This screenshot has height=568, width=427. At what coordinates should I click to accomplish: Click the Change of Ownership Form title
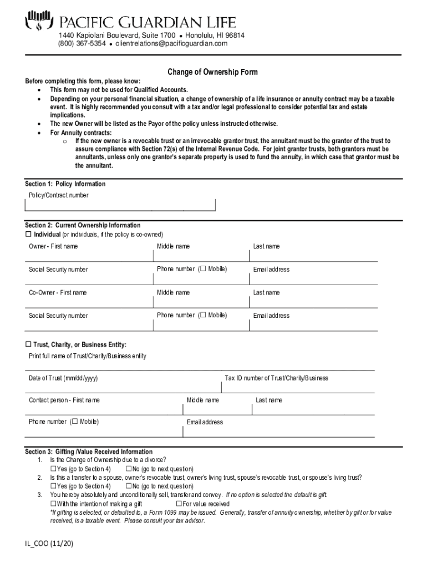tap(213, 72)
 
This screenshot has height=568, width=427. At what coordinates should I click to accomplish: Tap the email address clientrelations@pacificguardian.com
tap(171, 44)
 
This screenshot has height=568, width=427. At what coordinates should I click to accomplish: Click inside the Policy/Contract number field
tap(120, 205)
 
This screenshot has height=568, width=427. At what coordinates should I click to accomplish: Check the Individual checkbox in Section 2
tap(29, 234)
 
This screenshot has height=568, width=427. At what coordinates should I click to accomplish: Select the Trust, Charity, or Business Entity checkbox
tap(29, 344)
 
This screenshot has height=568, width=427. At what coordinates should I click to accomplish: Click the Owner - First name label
tap(53, 246)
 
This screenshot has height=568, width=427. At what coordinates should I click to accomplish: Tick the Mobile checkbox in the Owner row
tap(202, 269)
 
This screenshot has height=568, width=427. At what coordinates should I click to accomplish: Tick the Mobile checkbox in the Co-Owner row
tap(202, 315)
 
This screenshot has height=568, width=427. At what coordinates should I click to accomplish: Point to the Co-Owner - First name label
tap(58, 292)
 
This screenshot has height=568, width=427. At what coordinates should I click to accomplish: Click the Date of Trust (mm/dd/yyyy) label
tap(63, 378)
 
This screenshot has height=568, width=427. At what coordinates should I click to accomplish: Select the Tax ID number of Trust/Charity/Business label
tap(276, 378)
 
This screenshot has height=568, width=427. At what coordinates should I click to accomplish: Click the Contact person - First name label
tap(64, 400)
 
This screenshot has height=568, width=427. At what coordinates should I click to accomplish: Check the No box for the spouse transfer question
tap(129, 486)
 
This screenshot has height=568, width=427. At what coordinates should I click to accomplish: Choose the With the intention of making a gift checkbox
tap(53, 504)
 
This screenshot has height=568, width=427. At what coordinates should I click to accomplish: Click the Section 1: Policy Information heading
tap(65, 184)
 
